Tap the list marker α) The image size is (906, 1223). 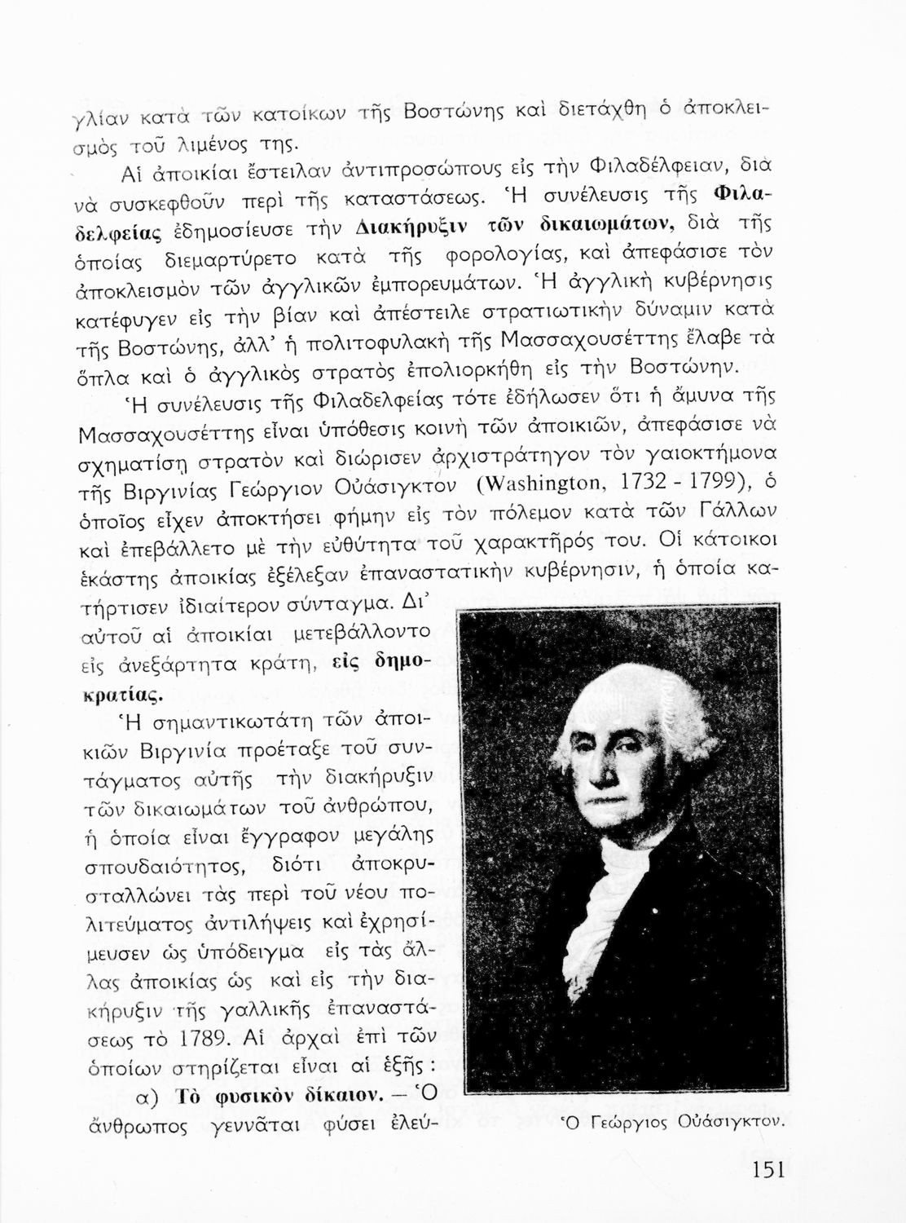tap(151, 1097)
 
